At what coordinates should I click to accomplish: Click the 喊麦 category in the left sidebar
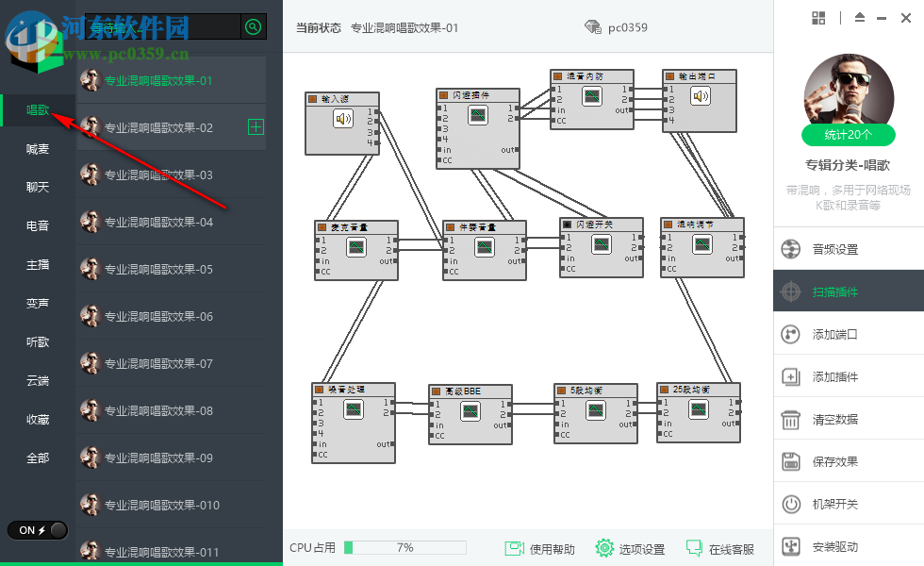tap(38, 149)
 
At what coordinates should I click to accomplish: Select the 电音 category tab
tap(38, 225)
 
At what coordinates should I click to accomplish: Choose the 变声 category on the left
tap(38, 303)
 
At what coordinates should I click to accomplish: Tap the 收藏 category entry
tap(38, 419)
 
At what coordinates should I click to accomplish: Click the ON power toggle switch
tap(38, 530)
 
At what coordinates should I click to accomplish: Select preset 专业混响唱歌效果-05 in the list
tap(158, 269)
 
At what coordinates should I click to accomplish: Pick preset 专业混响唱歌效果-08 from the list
tap(158, 410)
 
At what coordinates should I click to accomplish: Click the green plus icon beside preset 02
tap(256, 127)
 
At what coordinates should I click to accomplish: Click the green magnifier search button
tap(253, 27)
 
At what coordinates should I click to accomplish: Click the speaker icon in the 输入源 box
tap(343, 119)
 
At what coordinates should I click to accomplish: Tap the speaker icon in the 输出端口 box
tap(699, 95)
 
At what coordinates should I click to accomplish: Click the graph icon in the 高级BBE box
tap(470, 410)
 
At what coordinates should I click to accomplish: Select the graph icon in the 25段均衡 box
tap(698, 408)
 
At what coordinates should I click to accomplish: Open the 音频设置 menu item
tap(834, 250)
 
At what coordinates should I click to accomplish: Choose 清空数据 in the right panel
tap(834, 420)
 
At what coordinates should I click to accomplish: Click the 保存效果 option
tap(834, 462)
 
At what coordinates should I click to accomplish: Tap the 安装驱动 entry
tap(834, 547)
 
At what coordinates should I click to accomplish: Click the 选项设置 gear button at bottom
tap(631, 549)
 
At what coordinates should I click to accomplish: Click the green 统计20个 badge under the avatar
tap(849, 135)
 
